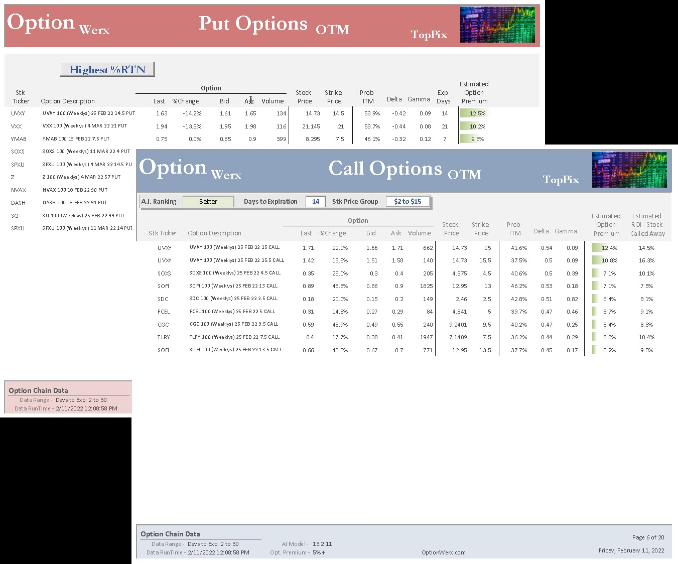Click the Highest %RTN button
coord(107,69)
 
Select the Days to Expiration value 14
coord(315,202)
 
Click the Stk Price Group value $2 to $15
coord(408,202)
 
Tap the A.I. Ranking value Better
coord(208,202)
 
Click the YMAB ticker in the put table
coord(19,139)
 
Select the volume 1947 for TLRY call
coord(426,337)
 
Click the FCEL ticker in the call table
coord(164,312)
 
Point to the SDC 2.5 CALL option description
coord(233,299)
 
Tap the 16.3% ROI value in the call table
coord(646,260)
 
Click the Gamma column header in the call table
coord(566,231)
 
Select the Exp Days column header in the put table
coord(443,97)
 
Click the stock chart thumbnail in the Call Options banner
coord(629,170)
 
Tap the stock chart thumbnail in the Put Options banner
coord(497,25)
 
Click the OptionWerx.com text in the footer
coord(444,552)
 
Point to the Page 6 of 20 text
coord(648,537)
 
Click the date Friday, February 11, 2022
coord(631,550)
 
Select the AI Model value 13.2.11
coord(322,544)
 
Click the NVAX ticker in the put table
coord(19,190)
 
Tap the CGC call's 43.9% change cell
coord(340,325)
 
